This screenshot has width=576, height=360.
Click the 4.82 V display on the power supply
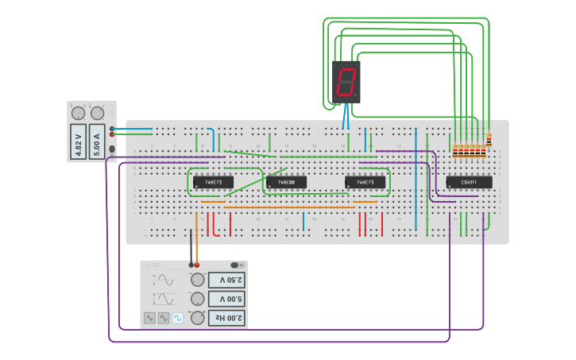[x=78, y=142]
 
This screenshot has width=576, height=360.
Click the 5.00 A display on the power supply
[x=97, y=142]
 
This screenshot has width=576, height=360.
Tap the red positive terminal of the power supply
[x=112, y=135]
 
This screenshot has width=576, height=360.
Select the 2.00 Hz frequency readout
[x=226, y=318]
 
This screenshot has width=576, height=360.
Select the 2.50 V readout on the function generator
[x=226, y=280]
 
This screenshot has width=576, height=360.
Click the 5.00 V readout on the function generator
[x=226, y=299]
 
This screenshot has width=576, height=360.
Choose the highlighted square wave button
[x=178, y=318]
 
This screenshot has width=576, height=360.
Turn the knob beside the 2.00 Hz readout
[x=197, y=318]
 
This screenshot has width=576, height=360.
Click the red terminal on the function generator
[x=197, y=265]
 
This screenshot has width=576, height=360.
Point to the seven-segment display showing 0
[x=346, y=82]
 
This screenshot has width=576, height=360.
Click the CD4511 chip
[x=469, y=182]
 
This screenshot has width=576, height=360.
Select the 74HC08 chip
[x=286, y=182]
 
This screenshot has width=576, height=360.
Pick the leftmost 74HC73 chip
[x=213, y=182]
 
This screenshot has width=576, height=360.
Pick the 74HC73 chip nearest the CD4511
[x=365, y=182]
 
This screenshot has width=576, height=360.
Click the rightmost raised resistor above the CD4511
[x=489, y=141]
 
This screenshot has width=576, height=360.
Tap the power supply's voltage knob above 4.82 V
[x=78, y=114]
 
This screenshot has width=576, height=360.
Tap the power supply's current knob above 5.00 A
[x=97, y=114]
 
